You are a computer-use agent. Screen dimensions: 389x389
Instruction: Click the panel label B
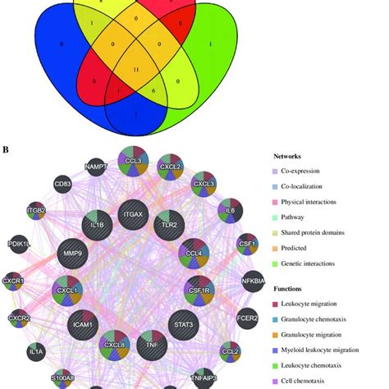[6, 149]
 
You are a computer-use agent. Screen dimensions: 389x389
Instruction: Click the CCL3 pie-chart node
[132, 160]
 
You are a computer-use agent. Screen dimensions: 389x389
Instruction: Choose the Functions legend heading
[292, 289]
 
